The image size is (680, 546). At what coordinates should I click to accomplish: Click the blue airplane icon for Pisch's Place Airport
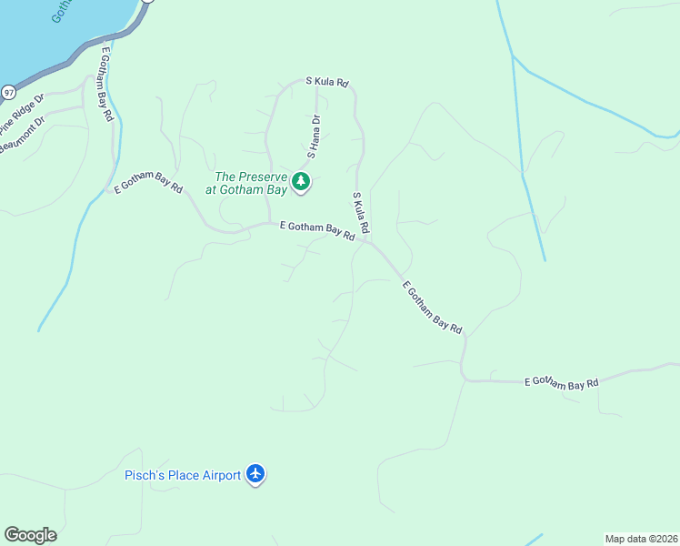(x=256, y=474)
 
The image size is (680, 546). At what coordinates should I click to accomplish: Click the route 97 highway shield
(x=8, y=92)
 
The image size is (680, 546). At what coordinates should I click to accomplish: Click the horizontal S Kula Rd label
(x=327, y=82)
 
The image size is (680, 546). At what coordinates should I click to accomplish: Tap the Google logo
(x=30, y=535)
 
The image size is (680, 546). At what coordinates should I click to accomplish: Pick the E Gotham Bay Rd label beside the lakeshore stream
(x=107, y=84)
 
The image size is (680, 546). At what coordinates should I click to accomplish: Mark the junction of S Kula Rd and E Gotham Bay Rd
(x=367, y=241)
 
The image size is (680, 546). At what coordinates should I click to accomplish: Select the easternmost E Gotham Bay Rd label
(x=562, y=383)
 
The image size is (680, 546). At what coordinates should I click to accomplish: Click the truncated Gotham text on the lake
(x=62, y=11)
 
